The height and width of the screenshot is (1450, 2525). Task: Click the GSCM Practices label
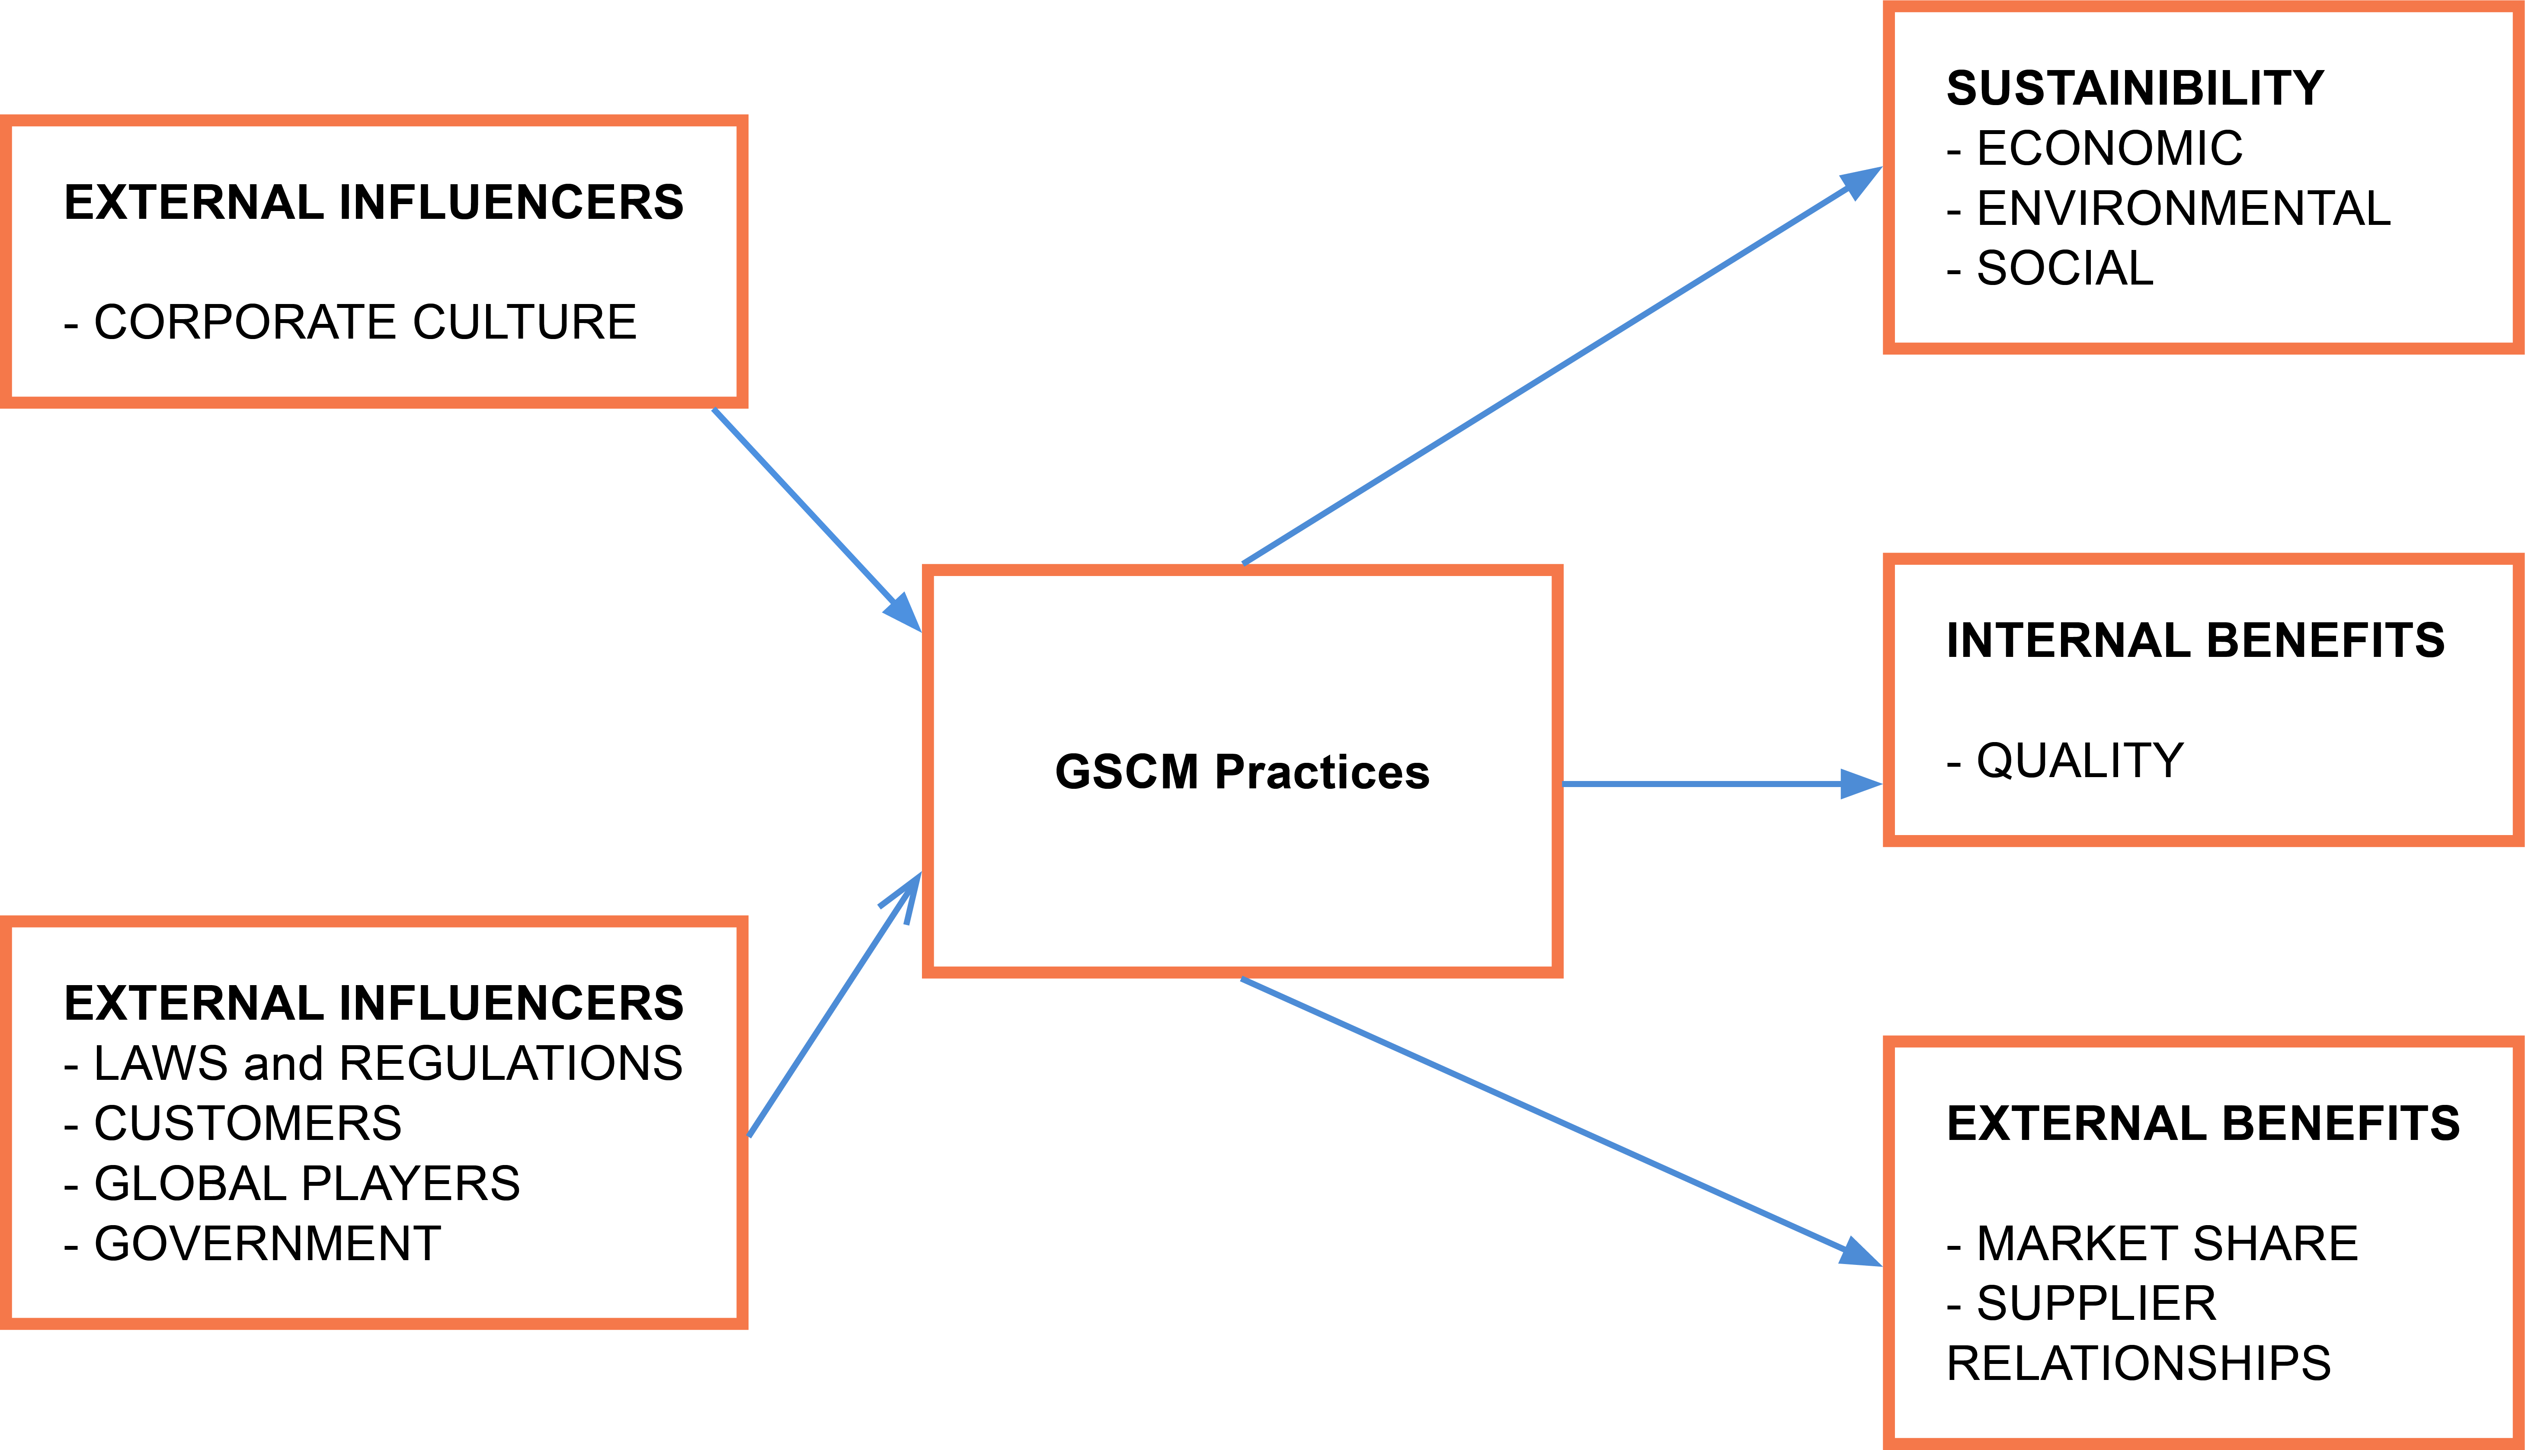click(x=1242, y=772)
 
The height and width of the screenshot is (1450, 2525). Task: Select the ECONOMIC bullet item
click(x=2095, y=148)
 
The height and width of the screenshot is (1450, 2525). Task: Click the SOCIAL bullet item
click(x=2050, y=268)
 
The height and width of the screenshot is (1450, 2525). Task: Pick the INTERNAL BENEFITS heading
click(x=2195, y=640)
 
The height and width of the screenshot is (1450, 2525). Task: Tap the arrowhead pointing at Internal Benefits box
click(x=1861, y=784)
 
